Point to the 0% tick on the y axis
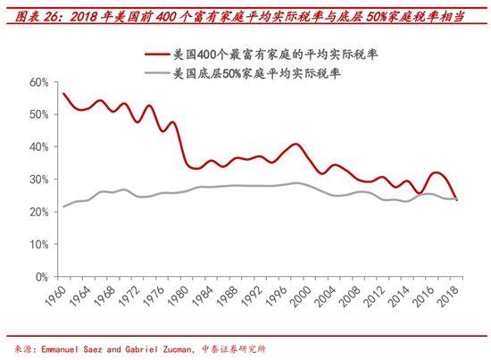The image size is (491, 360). click(39, 277)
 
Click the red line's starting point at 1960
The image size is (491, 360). click(63, 94)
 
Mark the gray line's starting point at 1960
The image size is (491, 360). click(63, 206)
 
